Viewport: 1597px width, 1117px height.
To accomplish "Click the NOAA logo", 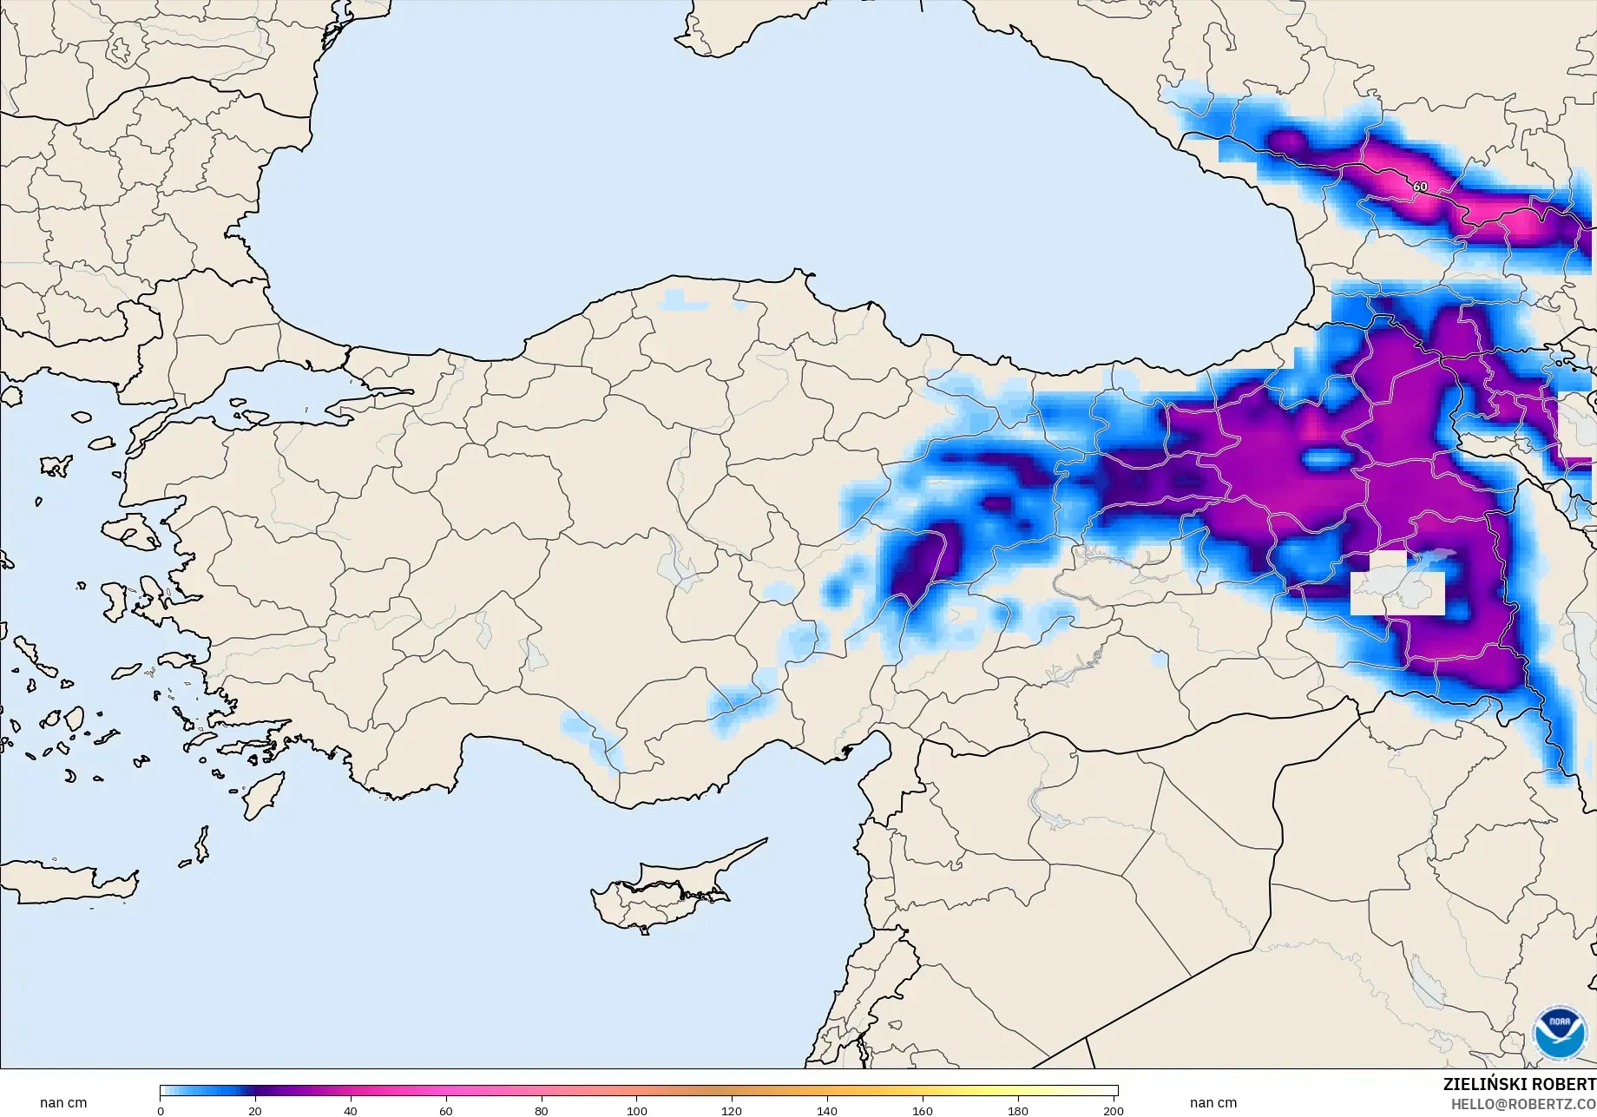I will point(1560,1032).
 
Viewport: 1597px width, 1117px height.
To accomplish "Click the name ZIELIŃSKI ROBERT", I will point(1519,1084).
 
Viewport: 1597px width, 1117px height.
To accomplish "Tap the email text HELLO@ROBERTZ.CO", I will point(1523,1103).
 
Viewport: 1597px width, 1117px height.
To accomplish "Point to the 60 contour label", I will point(1420,187).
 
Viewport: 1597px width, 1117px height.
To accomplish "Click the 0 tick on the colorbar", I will point(161,1110).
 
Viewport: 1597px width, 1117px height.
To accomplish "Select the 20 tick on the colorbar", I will point(255,1110).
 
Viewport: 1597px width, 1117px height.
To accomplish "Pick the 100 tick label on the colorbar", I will point(637,1110).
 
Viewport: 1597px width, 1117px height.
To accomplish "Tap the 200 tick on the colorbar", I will point(1114,1110).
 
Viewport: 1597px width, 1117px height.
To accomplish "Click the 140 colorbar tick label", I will point(827,1110).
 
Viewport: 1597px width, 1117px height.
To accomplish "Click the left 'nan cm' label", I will point(63,1103).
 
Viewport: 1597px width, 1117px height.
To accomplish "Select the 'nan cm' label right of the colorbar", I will point(1213,1103).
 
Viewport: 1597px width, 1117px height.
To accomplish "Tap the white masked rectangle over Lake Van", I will point(1397,583).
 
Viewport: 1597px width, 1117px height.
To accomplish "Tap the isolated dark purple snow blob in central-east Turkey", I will point(920,564).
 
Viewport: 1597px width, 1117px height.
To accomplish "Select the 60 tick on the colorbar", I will point(446,1110).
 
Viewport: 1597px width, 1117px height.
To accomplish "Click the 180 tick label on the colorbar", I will point(1018,1110).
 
